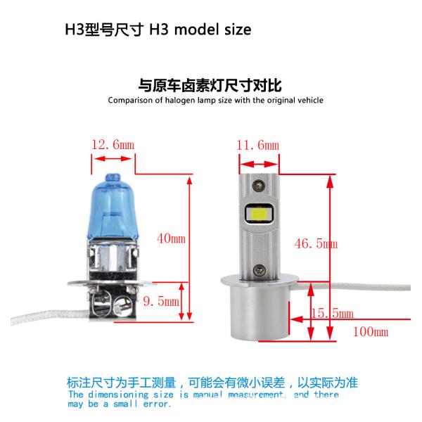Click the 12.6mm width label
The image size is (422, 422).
coord(112,145)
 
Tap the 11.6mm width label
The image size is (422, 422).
coord(257,145)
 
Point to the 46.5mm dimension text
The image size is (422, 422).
coord(316,243)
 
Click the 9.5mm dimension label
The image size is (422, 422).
coord(162,301)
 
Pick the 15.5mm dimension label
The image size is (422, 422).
coord(332,313)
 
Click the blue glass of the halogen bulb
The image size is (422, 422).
coord(113,205)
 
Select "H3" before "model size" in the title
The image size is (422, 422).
coord(159,30)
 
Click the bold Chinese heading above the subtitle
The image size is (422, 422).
coord(210,86)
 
